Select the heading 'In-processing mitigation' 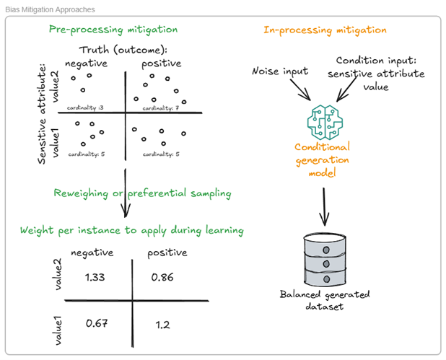pos(324,30)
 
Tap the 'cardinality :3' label pos(85,108)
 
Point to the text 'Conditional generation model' pos(323,158)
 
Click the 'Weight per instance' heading pos(132,230)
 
